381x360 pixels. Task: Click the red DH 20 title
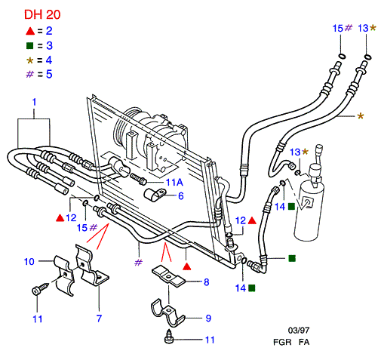tap(42, 14)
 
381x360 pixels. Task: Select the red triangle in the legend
tap(30, 31)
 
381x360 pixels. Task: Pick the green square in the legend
tap(30, 46)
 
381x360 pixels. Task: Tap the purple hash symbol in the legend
tap(30, 74)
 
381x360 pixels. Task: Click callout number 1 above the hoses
tap(35, 102)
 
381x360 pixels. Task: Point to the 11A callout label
tap(174, 183)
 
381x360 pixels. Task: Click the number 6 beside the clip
tap(181, 196)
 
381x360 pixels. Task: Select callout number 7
tap(99, 318)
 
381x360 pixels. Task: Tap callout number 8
tap(206, 282)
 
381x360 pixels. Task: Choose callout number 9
tap(208, 318)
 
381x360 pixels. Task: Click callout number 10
tap(29, 261)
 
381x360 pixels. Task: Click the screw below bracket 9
tap(169, 337)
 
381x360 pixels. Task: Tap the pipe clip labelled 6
tap(155, 195)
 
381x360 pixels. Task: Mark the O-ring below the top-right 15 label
tap(342, 56)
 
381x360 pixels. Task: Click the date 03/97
tap(299, 330)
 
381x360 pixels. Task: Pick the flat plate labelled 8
tap(168, 277)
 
